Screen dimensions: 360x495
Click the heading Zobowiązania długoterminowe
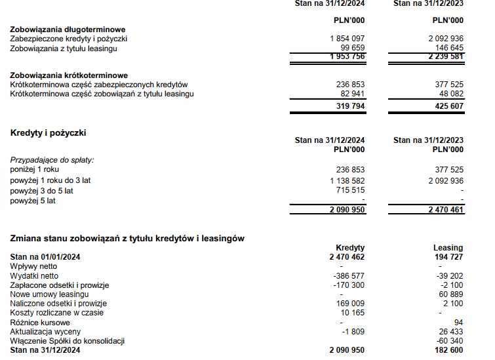68,30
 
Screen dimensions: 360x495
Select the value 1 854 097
347,39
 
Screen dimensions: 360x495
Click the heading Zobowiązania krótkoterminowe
69,75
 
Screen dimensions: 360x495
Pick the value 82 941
351,94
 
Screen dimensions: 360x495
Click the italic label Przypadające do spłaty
52,159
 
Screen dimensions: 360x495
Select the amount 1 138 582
347,180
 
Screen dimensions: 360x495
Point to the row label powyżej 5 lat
33,201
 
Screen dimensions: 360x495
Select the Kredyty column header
350,248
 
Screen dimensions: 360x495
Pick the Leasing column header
448,248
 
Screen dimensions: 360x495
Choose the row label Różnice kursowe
37,323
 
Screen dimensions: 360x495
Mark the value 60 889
449,294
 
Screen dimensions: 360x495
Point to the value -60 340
448,341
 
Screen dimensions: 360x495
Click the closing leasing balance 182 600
446,351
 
